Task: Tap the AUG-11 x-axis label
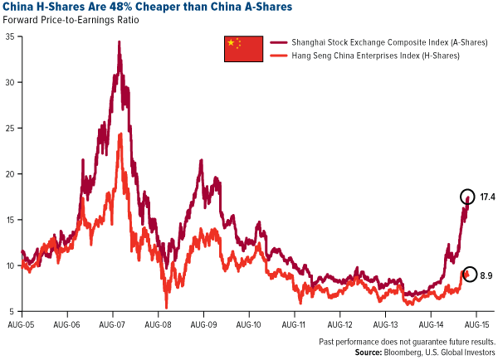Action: pyautogui.click(x=296, y=324)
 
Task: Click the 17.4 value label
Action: pyautogui.click(x=488, y=197)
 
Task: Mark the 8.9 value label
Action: pyautogui.click(x=487, y=275)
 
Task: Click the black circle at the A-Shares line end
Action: pyautogui.click(x=469, y=197)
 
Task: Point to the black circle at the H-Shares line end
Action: pyautogui.click(x=469, y=274)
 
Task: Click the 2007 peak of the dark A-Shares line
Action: pyautogui.click(x=120, y=41)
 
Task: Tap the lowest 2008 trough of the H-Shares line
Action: pyautogui.click(x=167, y=308)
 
